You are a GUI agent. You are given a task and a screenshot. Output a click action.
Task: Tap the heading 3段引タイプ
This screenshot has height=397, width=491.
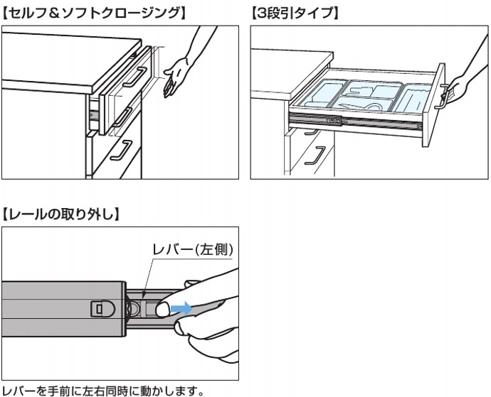pos(295,13)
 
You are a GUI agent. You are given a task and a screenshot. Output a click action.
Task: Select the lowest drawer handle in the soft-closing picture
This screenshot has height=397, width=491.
pos(125,151)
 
